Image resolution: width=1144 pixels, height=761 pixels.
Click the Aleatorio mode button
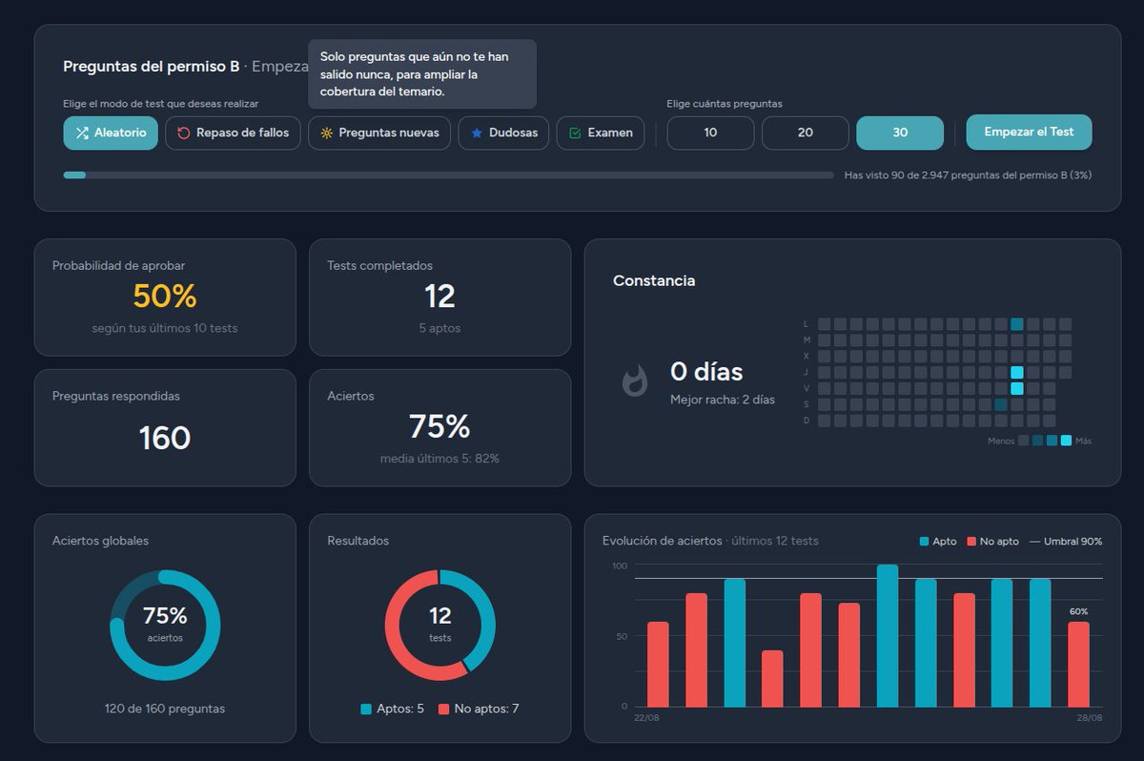111,133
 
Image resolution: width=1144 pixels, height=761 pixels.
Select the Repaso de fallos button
233,133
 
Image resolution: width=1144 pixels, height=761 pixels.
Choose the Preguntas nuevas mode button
379,133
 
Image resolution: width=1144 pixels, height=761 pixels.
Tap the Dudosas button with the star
503,133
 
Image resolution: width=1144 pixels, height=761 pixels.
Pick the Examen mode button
601,133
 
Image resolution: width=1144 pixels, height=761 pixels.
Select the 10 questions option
710,133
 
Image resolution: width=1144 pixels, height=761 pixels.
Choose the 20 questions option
806,133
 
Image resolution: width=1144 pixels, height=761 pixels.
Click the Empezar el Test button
1029,132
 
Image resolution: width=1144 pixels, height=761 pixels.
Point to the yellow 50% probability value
164,296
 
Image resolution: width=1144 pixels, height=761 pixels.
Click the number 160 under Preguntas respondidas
164,438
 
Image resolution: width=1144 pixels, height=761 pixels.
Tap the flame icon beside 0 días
635,380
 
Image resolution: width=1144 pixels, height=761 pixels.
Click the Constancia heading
654,280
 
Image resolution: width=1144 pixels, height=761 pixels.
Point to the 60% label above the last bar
1078,611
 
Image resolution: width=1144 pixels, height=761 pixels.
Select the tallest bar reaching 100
888,636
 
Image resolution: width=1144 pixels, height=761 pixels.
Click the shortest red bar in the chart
772,679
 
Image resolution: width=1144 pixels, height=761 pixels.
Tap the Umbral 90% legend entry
1066,542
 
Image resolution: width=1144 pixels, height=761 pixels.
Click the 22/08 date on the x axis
646,717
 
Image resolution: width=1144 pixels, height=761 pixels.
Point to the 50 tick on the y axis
622,636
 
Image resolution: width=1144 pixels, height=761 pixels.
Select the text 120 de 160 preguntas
164,709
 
